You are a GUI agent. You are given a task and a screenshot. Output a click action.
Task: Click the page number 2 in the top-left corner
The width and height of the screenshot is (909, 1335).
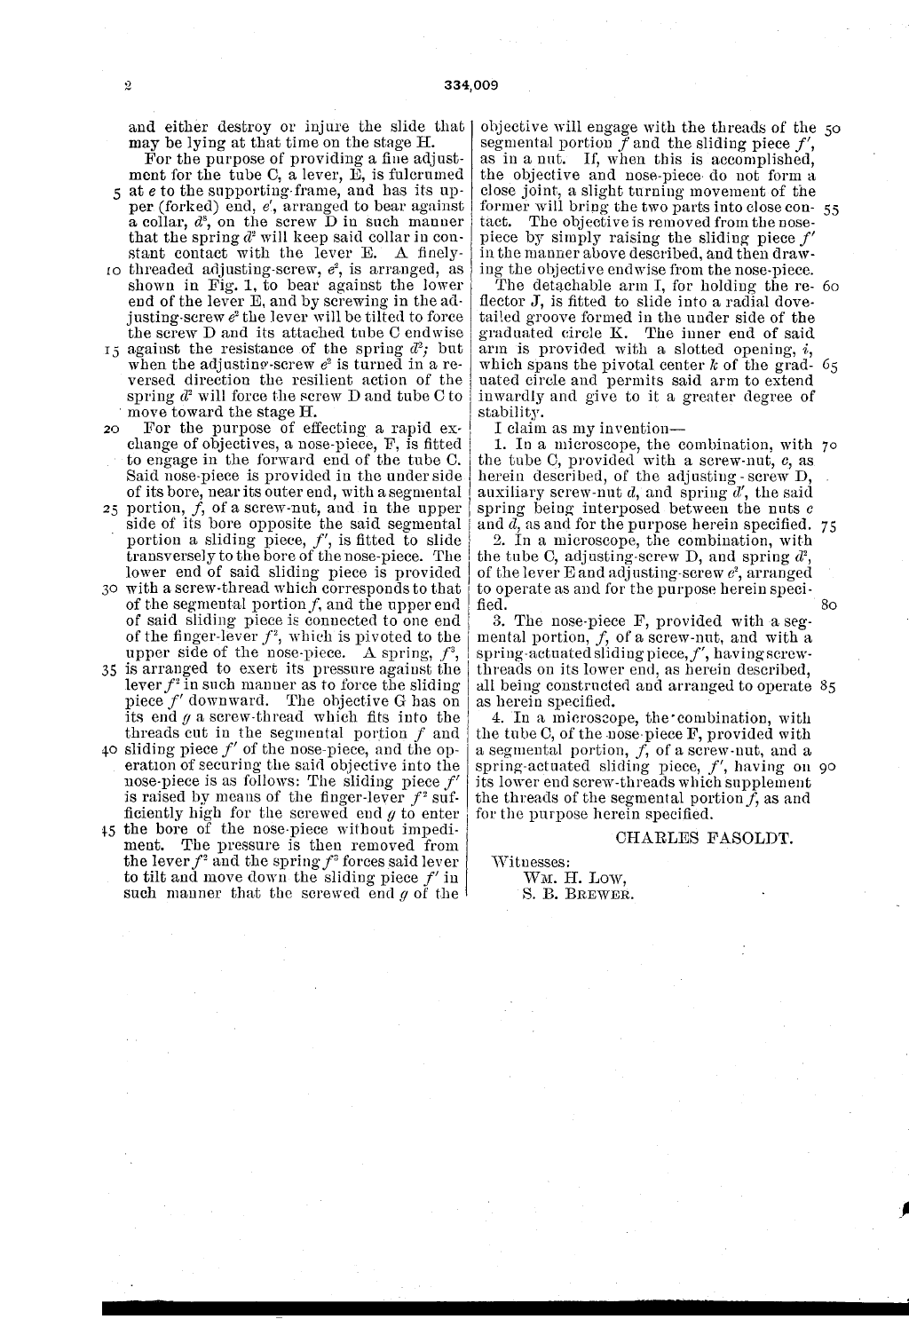pyautogui.click(x=128, y=86)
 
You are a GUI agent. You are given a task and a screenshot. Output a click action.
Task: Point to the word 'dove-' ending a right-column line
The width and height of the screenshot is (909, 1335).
pyautogui.click(x=794, y=301)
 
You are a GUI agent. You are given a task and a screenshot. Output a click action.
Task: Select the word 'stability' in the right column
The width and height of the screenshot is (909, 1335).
pyautogui.click(x=507, y=413)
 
